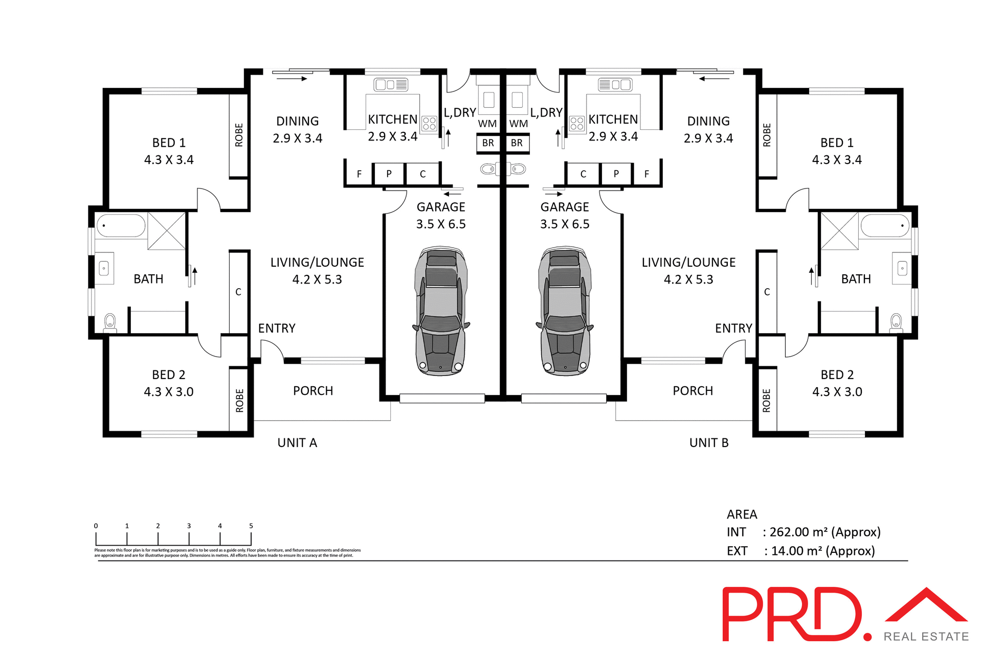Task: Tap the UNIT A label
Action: pos(297,443)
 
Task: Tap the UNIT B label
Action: pos(708,443)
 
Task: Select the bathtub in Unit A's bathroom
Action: pos(121,225)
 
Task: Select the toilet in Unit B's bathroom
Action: pos(896,322)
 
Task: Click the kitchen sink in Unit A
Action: pos(391,84)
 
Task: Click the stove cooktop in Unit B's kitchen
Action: pos(577,124)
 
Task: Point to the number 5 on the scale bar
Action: pos(251,526)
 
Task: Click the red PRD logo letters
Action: pos(793,615)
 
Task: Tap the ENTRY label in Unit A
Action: pos(277,329)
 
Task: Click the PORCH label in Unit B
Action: pos(693,391)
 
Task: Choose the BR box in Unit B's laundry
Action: pos(517,143)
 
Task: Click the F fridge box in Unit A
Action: pos(359,174)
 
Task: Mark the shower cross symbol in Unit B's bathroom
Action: pos(839,231)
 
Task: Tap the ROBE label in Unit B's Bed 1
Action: pos(767,135)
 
